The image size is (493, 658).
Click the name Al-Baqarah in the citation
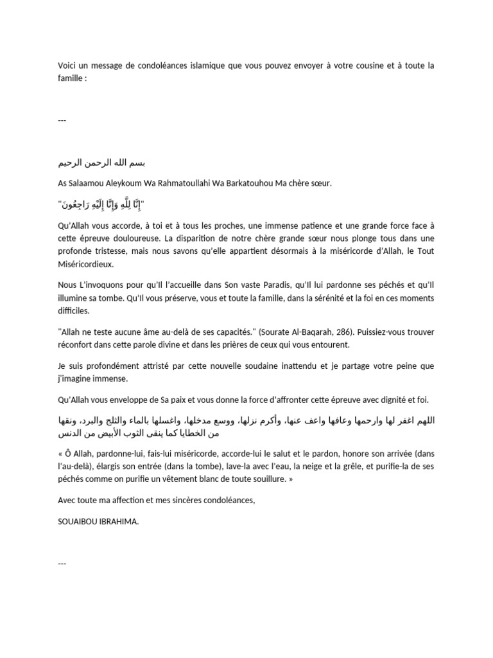(x=288, y=332)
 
